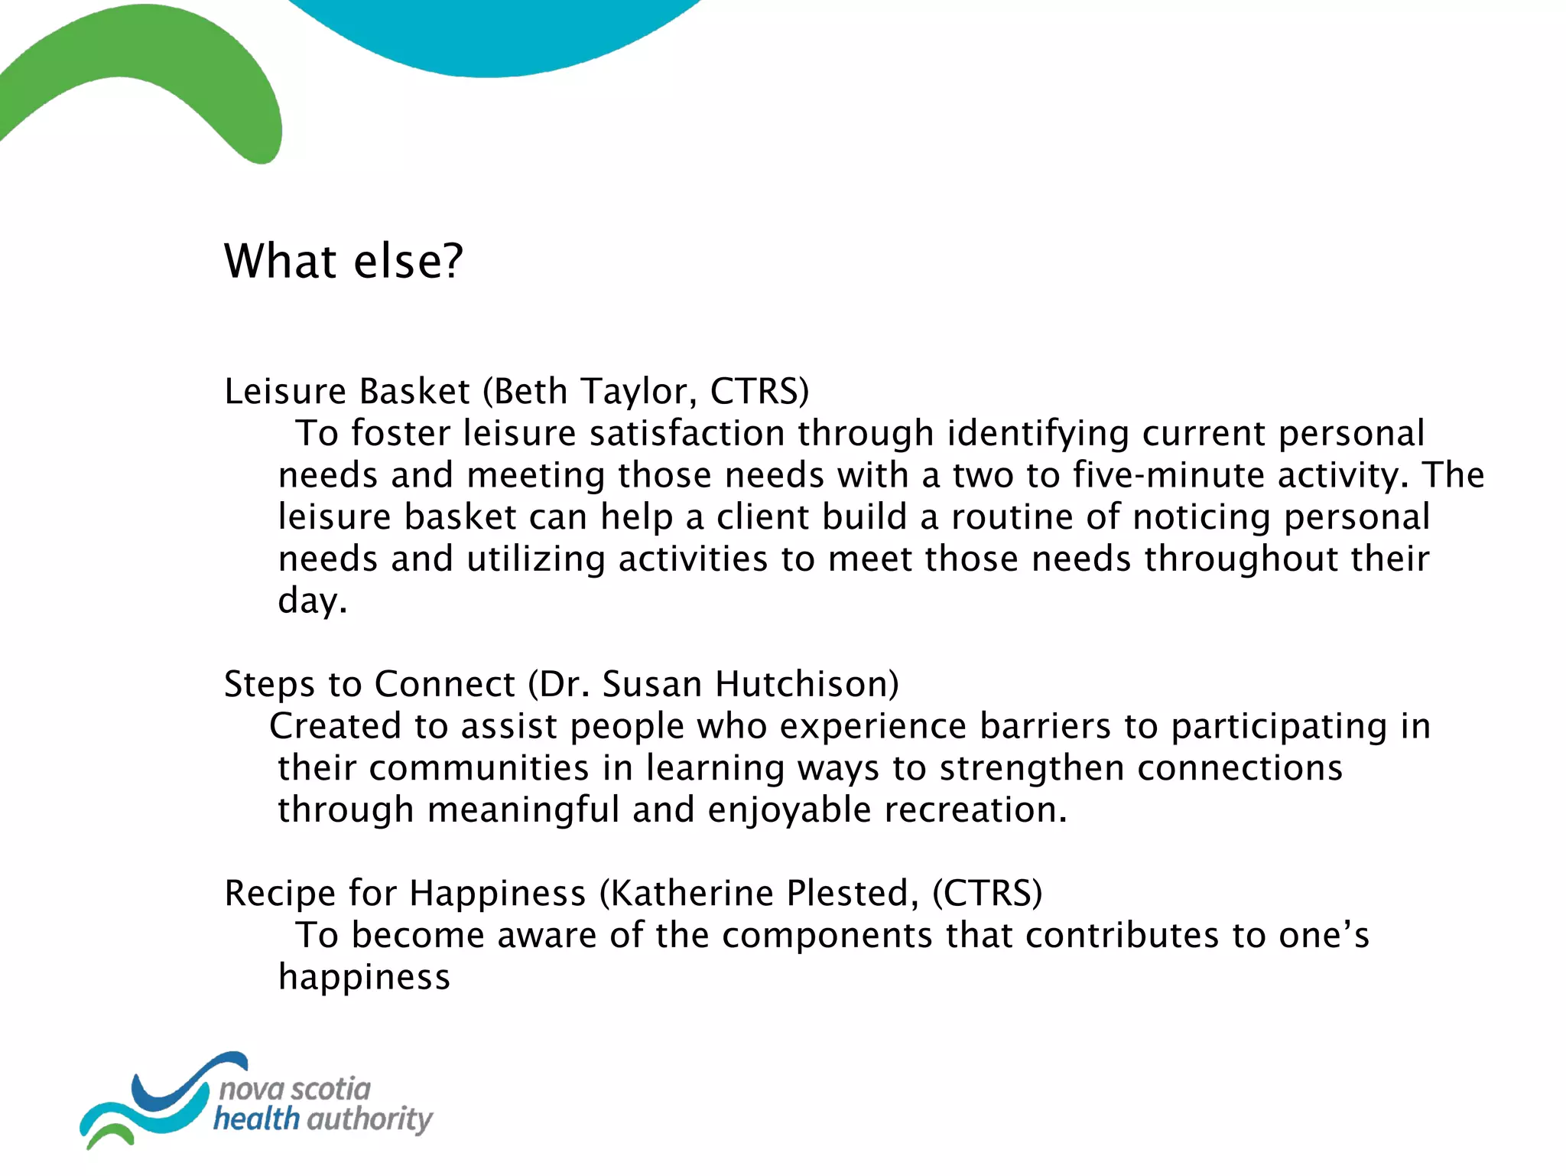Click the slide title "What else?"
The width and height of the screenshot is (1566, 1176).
[343, 262]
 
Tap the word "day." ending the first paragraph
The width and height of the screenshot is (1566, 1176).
[312, 601]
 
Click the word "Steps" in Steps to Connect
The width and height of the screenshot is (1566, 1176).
[269, 684]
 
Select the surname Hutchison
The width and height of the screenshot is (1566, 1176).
[807, 684]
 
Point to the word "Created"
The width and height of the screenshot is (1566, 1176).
[335, 726]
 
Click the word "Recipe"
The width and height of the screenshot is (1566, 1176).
[280, 894]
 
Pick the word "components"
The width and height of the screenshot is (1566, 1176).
[827, 936]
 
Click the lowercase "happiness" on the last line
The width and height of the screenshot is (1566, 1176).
[364, 978]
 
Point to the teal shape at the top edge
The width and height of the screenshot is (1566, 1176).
[489, 38]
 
